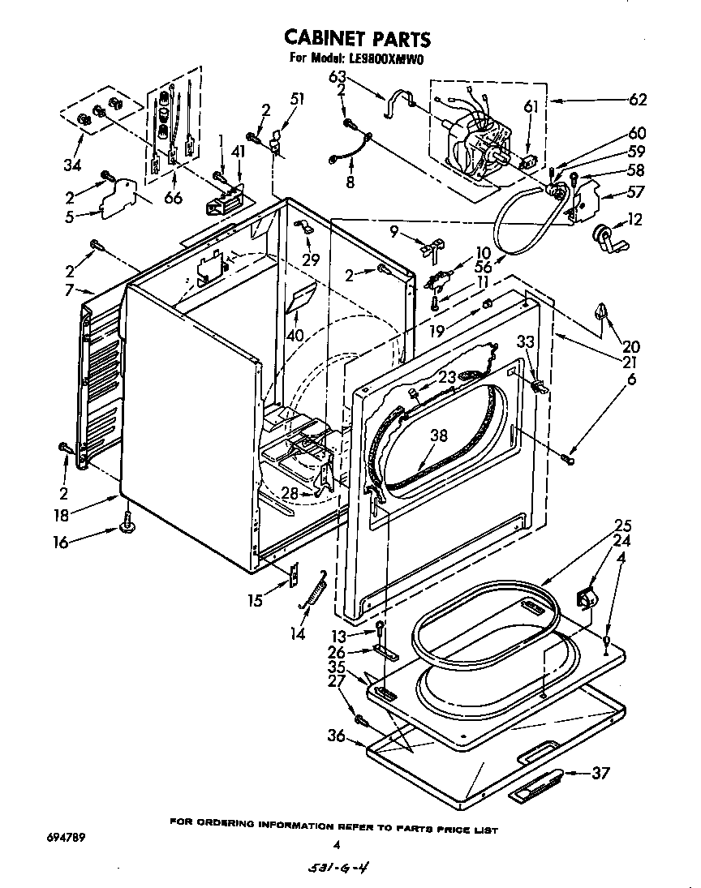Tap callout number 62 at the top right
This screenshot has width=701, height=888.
(x=638, y=100)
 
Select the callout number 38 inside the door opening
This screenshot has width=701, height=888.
(x=438, y=435)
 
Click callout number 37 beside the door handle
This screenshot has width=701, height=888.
(x=600, y=773)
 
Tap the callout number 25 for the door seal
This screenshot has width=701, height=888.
(x=600, y=525)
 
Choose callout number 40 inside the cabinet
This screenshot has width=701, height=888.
(x=294, y=335)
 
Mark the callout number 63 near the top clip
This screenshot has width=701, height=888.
(x=337, y=78)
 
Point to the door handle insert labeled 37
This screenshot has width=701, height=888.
(x=538, y=785)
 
